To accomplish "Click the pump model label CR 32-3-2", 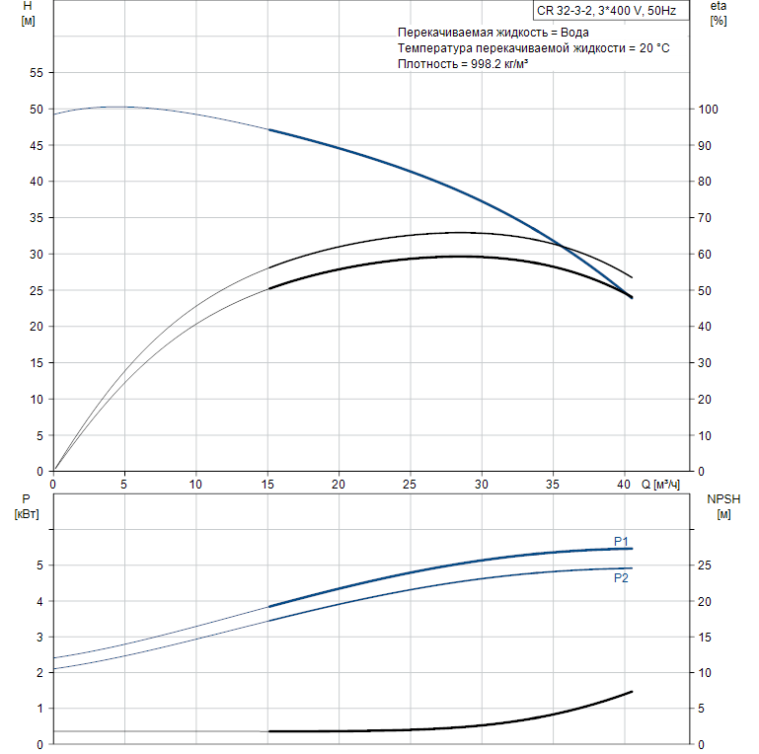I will (566, 12).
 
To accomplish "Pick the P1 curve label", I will (621, 541).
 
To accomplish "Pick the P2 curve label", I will (621, 578).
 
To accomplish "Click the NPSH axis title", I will (722, 499).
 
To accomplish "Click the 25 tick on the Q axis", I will (409, 485).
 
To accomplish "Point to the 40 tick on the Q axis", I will (623, 485).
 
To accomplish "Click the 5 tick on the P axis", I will (40, 565).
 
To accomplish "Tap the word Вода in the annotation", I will (572, 33).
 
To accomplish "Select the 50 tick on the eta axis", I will (705, 291).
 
